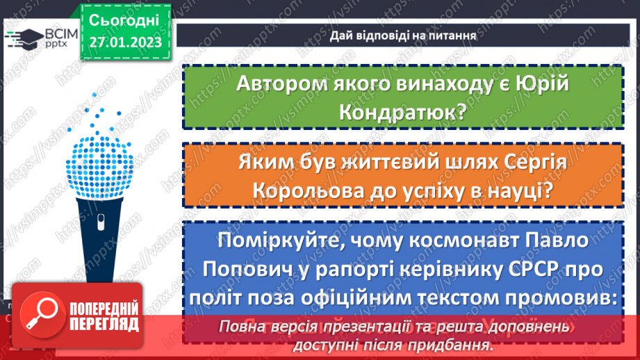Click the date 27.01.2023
(124, 42)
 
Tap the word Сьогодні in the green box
(124, 18)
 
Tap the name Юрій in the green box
(539, 83)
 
